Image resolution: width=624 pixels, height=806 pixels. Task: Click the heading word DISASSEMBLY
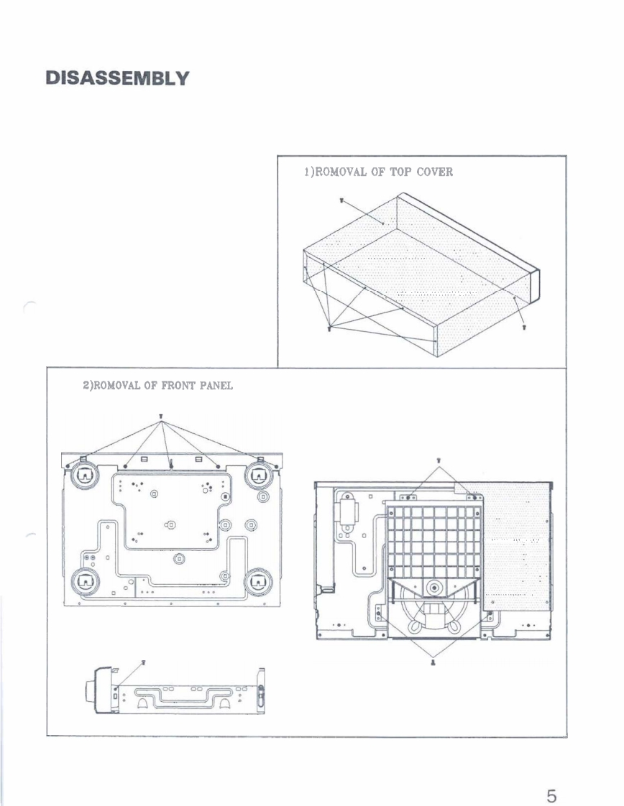coord(116,78)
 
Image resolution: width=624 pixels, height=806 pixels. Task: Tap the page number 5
coord(551,777)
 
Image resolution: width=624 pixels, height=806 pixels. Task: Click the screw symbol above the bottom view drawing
coord(161,417)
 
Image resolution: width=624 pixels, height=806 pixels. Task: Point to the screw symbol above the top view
coord(438,460)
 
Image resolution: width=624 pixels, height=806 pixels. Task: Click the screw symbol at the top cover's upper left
coord(341,201)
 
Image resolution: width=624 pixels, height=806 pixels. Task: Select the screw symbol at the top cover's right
coord(523,327)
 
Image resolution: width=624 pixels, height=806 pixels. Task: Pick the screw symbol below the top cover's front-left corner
coord(329,329)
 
